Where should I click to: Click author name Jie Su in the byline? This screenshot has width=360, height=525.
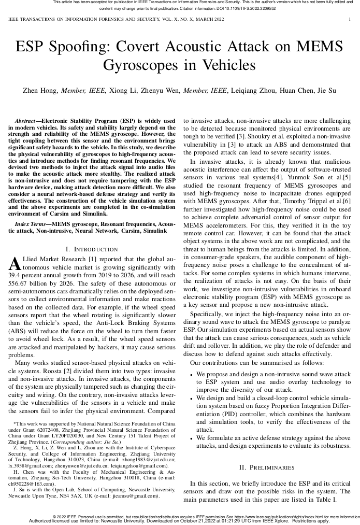click(x=326, y=91)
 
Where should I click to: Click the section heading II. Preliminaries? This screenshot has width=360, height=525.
click(x=267, y=467)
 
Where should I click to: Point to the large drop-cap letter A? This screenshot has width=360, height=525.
click(x=15, y=263)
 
